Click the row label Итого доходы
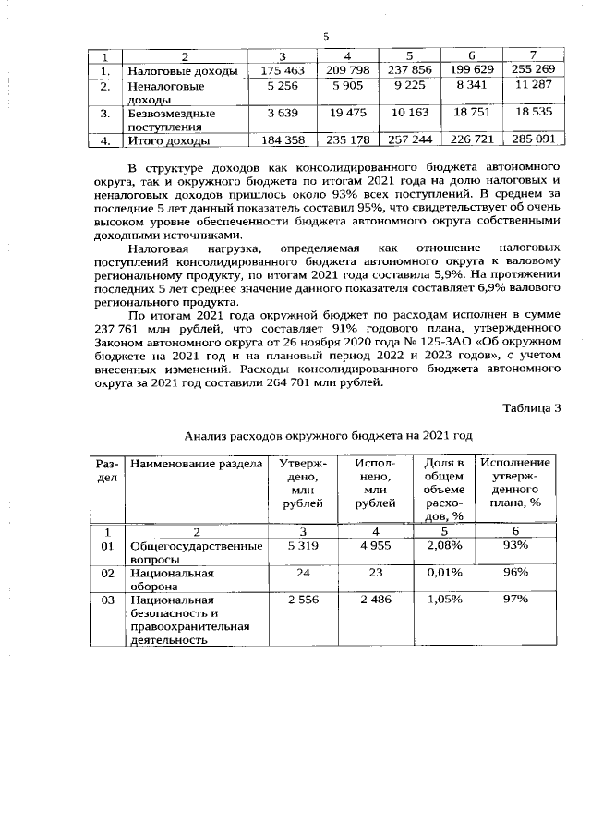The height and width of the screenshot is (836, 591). (167, 140)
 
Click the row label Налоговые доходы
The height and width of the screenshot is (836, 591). (182, 70)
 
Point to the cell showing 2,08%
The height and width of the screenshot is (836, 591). (440, 546)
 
